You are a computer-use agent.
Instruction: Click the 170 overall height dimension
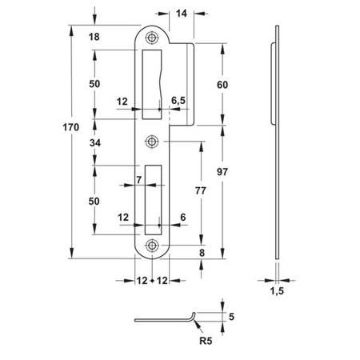click(71, 127)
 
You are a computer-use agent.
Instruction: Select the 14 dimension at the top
click(182, 14)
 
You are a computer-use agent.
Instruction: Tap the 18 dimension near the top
click(94, 37)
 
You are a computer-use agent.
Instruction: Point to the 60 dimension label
click(222, 85)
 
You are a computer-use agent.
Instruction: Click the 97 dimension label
click(222, 172)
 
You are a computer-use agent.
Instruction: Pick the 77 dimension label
click(201, 190)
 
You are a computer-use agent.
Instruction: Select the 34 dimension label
click(95, 143)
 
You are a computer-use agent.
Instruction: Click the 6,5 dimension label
click(178, 101)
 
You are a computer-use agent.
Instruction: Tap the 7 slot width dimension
click(138, 180)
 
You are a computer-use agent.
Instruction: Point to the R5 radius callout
click(206, 341)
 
